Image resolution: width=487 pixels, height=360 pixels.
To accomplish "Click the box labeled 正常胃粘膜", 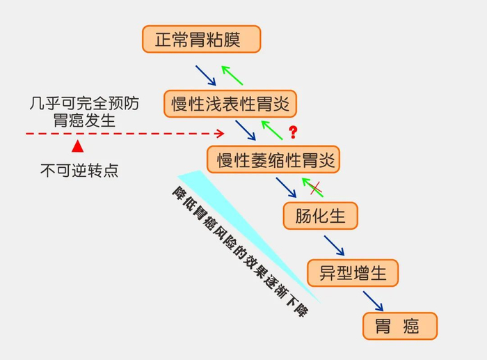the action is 201,39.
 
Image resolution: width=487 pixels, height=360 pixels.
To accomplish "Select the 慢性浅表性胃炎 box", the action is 230,104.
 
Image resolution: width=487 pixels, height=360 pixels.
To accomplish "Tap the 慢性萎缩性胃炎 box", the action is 273,159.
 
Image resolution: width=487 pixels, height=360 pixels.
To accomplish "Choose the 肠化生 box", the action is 320,216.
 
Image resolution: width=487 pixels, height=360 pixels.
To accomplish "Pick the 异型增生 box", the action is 353,273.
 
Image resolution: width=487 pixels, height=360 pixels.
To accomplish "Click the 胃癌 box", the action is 400,326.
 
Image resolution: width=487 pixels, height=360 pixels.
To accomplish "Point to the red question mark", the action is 293,132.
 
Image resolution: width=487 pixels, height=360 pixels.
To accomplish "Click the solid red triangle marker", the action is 77,146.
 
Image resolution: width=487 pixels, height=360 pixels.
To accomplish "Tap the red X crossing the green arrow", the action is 316,189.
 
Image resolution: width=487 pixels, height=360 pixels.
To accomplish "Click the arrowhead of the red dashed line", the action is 221,134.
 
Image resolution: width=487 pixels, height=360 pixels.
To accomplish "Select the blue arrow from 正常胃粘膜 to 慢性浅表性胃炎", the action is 206,75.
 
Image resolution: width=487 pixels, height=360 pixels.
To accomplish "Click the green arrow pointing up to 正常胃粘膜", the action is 232,75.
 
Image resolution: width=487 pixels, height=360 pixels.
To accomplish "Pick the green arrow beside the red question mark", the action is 272,130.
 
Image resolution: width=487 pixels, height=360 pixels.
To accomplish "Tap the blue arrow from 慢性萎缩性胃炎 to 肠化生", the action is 286,187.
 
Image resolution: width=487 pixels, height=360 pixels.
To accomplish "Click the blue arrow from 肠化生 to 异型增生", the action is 334,245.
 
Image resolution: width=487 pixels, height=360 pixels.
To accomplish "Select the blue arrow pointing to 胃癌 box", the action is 373,301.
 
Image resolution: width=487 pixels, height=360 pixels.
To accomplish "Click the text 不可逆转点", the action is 79,171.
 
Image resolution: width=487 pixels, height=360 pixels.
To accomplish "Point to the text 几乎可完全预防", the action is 84,104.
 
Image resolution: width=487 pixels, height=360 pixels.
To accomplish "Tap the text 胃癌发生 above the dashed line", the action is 84,120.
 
